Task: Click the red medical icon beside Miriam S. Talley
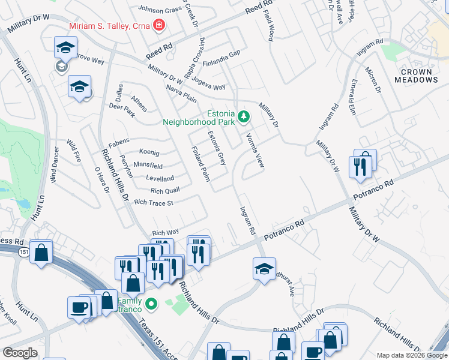coord(159,25)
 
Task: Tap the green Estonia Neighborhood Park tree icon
coord(243,116)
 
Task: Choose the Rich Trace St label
coord(154,203)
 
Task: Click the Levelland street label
coord(160,178)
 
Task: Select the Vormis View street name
coord(255,149)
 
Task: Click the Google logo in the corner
coord(20,353)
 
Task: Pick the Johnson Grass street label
coord(160,9)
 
